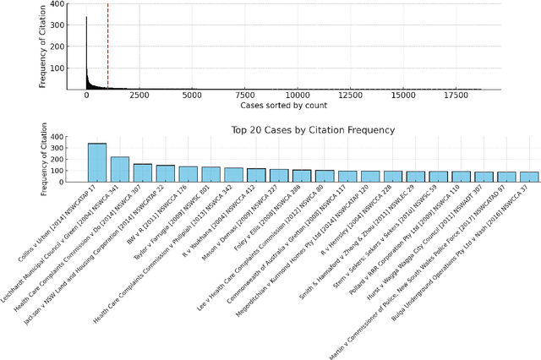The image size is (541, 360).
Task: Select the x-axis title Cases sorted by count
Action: coord(283,108)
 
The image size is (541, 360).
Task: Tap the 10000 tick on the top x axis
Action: coord(297,97)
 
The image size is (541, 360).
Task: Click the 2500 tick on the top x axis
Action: coord(139,97)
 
